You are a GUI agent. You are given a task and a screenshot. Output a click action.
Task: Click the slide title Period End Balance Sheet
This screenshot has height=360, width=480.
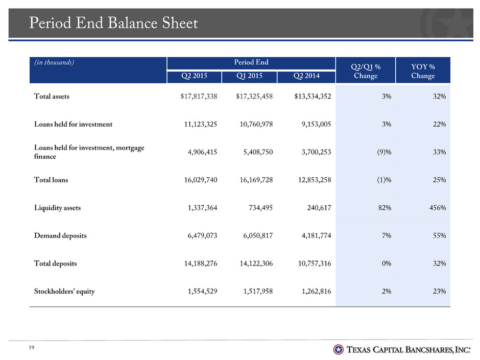click(113, 23)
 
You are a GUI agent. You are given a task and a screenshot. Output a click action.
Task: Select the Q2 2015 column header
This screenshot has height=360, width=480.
click(194, 76)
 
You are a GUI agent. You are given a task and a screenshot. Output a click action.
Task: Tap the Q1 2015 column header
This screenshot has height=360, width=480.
click(249, 76)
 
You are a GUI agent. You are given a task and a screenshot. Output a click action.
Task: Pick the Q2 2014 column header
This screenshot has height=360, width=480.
click(306, 76)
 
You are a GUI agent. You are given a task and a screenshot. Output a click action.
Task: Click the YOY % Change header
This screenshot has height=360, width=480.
click(423, 71)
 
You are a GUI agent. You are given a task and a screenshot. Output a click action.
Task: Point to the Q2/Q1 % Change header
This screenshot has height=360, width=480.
click(366, 71)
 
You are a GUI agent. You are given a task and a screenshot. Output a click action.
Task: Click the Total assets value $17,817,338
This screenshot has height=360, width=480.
click(199, 97)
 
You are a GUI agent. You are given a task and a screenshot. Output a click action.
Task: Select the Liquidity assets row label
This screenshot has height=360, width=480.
click(57, 208)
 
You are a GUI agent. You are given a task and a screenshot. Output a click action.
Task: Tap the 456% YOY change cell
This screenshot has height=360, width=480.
click(438, 208)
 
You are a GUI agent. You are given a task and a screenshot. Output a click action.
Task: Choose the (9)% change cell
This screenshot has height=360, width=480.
click(384, 152)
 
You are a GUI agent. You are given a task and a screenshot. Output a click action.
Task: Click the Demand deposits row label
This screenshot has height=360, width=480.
click(60, 236)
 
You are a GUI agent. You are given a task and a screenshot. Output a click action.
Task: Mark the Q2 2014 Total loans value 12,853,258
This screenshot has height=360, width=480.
click(315, 180)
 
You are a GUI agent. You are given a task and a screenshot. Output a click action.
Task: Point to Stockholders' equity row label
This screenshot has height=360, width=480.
click(64, 292)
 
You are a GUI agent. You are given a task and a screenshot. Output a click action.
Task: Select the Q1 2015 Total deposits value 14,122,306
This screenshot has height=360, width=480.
click(256, 263)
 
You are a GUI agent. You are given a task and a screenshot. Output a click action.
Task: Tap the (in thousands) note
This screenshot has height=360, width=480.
click(54, 62)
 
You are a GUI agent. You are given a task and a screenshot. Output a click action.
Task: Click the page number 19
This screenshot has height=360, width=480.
click(32, 347)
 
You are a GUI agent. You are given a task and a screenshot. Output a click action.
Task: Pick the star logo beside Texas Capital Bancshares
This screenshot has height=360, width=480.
click(338, 349)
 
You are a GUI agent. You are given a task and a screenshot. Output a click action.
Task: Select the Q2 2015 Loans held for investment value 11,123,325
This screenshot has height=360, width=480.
click(201, 124)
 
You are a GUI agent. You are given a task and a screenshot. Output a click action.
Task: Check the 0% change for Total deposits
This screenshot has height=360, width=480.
click(387, 263)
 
